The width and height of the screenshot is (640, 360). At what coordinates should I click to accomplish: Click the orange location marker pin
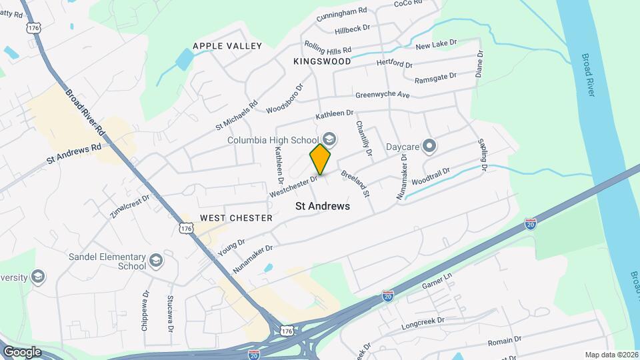point(321,159)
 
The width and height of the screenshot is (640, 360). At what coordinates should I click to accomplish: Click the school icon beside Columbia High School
point(331,140)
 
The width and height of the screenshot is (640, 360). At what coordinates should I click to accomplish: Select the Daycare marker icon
point(430,145)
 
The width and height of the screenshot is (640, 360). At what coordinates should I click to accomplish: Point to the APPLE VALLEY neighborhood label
point(227,46)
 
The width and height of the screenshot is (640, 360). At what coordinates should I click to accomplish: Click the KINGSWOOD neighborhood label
point(322,61)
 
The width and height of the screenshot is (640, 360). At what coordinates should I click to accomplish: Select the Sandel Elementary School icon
point(156,260)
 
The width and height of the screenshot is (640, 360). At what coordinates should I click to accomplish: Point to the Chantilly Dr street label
point(363,137)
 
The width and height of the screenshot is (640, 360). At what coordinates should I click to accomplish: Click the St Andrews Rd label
point(74,155)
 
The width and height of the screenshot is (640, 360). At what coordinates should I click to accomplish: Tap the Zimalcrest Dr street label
point(129,206)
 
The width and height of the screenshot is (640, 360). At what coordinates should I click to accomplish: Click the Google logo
point(21,351)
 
